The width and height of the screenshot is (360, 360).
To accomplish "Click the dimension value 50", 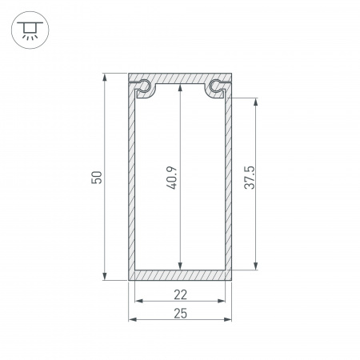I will pyautogui.click(x=96, y=178).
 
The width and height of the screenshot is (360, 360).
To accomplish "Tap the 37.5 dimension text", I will pyautogui.click(x=250, y=183).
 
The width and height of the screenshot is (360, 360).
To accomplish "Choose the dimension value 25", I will pyautogui.click(x=180, y=313).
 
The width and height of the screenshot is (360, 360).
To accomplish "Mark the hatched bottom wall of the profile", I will pyautogui.click(x=180, y=275).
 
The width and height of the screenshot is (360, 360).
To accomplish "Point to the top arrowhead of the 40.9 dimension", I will pyautogui.click(x=179, y=90).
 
